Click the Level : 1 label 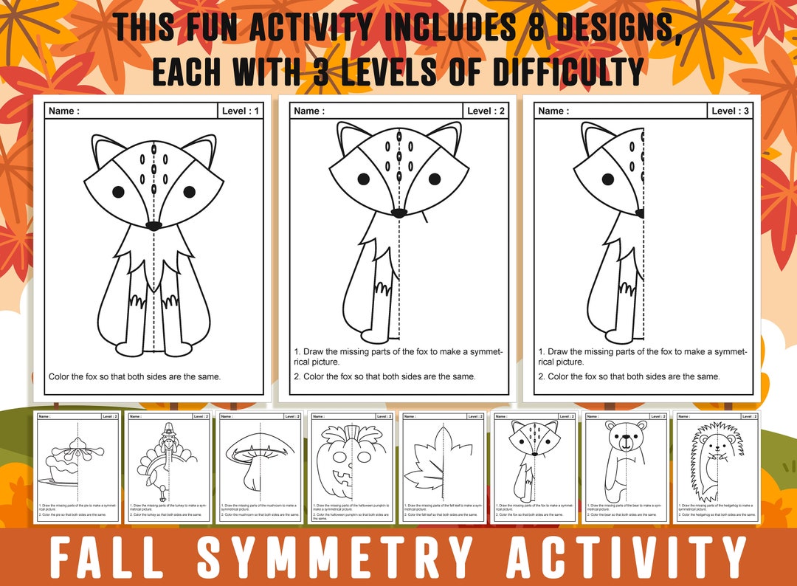click(x=241, y=111)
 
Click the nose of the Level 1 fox click(x=153, y=225)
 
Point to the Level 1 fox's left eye click(x=118, y=192)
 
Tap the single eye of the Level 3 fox click(x=609, y=179)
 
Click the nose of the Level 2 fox click(x=398, y=213)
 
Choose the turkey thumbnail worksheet click(x=168, y=467)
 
